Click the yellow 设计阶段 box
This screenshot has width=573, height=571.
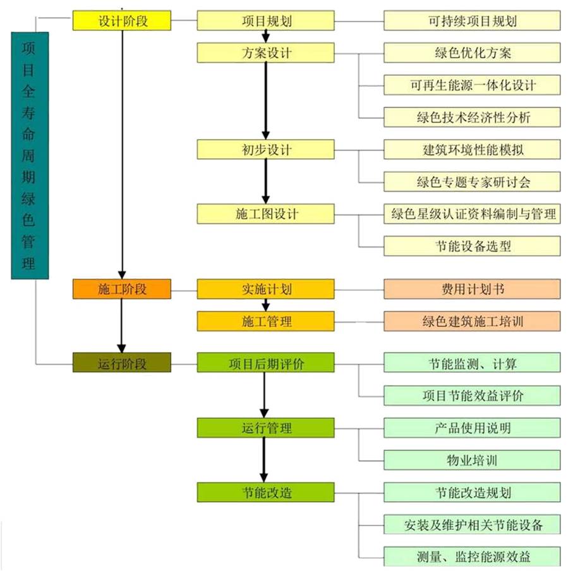point(122,20)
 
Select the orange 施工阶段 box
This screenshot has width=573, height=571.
point(122,289)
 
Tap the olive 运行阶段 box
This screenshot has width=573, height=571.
point(122,363)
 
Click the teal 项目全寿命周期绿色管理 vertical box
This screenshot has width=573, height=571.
point(28,155)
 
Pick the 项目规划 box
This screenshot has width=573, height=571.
point(265,20)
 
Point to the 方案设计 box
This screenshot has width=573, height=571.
point(265,52)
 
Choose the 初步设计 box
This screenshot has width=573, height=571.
point(265,149)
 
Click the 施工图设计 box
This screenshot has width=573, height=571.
point(265,214)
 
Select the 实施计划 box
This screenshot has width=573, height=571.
point(265,289)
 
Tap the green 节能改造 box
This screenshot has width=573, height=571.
point(265,492)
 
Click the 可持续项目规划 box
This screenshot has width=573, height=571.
point(472,20)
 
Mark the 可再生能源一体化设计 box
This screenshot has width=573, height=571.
point(472,85)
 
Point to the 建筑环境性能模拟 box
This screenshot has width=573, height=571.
point(472,149)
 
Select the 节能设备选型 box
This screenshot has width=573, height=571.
point(472,246)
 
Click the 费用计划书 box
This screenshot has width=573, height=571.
point(472,289)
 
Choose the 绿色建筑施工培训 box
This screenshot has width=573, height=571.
point(472,321)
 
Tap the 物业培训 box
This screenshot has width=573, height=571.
point(472,460)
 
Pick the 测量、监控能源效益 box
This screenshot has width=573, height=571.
point(472,556)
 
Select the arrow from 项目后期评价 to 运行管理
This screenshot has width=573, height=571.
point(265,395)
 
